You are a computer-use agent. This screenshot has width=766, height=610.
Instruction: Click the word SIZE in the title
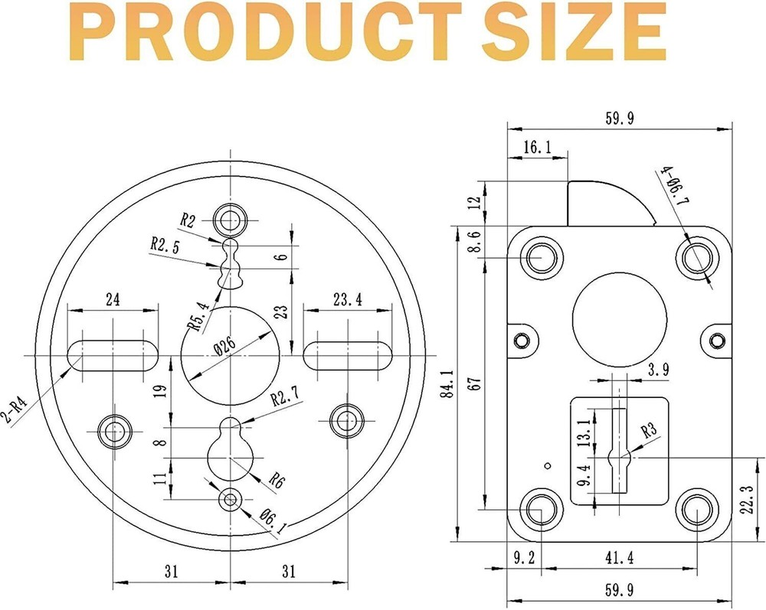(x=574, y=31)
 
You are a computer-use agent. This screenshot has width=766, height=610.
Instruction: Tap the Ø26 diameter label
(x=225, y=347)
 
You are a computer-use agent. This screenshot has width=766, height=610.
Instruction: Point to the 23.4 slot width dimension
(x=348, y=299)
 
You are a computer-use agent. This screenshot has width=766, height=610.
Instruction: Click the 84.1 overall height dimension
(x=447, y=383)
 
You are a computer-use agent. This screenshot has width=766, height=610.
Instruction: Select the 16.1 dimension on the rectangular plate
(x=538, y=147)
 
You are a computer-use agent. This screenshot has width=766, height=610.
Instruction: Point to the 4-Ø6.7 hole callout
(x=675, y=186)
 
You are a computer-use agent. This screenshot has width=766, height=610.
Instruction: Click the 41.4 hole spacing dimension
(x=620, y=557)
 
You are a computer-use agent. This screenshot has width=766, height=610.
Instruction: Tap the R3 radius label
(x=649, y=430)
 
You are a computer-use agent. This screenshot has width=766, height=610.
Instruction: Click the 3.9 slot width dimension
(x=658, y=370)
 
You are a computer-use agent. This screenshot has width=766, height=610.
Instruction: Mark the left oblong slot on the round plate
(x=113, y=356)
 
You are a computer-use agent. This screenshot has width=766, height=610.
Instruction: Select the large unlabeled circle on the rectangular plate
(x=620, y=320)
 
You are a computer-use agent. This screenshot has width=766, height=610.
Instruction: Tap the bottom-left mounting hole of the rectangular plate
(x=542, y=509)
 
